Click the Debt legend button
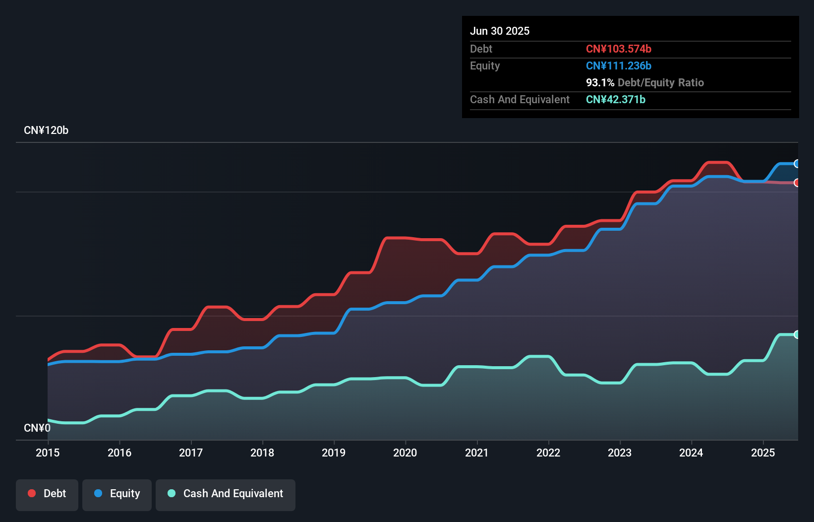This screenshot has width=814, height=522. pos(47,494)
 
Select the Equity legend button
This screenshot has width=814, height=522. pos(117,494)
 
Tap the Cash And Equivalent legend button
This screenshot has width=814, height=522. pos(226,494)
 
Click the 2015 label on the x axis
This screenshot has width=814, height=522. pos(48,453)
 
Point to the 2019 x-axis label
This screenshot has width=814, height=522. pos(334,453)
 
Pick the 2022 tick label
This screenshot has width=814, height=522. pos(548,453)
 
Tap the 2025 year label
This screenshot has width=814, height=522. pos(762,453)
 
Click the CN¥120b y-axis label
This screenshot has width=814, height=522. pos(46,130)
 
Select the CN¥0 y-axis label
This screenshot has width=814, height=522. pos(37,428)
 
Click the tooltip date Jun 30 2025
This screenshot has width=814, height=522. pos(500,31)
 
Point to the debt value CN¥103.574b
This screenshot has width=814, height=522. pos(618,49)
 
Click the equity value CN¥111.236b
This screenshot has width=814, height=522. pos(618,65)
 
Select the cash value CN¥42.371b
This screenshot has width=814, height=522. pos(615,99)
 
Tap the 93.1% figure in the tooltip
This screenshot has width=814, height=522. pos(600,82)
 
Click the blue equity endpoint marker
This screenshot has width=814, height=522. pos(797,164)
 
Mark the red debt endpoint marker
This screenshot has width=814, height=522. pos(797,183)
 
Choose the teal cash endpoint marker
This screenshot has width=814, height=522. pos(797,334)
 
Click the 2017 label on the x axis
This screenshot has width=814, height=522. pos(191,453)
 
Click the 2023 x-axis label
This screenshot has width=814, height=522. pos(620,453)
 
